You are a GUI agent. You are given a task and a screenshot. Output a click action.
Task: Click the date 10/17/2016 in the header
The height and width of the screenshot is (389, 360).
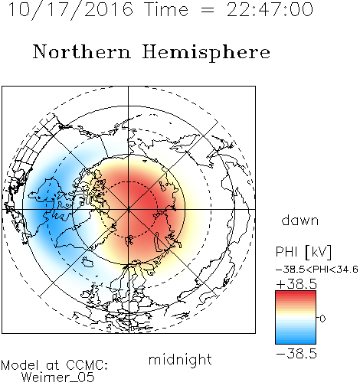point(70,10)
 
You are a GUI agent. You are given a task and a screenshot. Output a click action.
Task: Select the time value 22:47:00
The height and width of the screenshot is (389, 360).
point(270,9)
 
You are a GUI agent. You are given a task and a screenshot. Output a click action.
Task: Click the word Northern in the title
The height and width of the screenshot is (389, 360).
point(81,51)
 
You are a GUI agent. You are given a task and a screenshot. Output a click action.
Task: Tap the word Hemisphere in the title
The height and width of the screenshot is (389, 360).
point(206,53)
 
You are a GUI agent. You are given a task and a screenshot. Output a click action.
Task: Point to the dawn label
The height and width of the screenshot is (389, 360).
point(300,220)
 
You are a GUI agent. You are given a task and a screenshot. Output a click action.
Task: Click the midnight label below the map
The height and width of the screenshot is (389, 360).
point(180,359)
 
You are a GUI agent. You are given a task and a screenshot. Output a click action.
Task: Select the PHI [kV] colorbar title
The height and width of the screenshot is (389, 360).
point(303,252)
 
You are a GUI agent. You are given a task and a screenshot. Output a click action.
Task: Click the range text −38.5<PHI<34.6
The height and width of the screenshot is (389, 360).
point(317,270)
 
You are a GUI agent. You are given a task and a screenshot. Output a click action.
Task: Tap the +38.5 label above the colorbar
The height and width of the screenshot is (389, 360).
point(296,284)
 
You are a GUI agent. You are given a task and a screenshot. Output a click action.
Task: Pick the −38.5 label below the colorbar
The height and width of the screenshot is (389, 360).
point(296,354)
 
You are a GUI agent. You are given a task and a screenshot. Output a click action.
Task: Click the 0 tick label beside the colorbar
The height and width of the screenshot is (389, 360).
point(322,319)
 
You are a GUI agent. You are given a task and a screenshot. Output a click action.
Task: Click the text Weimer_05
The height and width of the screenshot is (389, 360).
point(58,378)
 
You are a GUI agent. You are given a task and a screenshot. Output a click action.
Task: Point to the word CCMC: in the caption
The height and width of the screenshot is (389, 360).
point(87,365)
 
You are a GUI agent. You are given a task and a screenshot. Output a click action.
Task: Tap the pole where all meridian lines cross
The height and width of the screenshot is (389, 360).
point(129,209)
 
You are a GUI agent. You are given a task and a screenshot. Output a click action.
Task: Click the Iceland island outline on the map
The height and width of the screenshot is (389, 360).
point(87,262)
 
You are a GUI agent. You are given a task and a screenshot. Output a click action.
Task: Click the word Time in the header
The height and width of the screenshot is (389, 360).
point(166,10)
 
